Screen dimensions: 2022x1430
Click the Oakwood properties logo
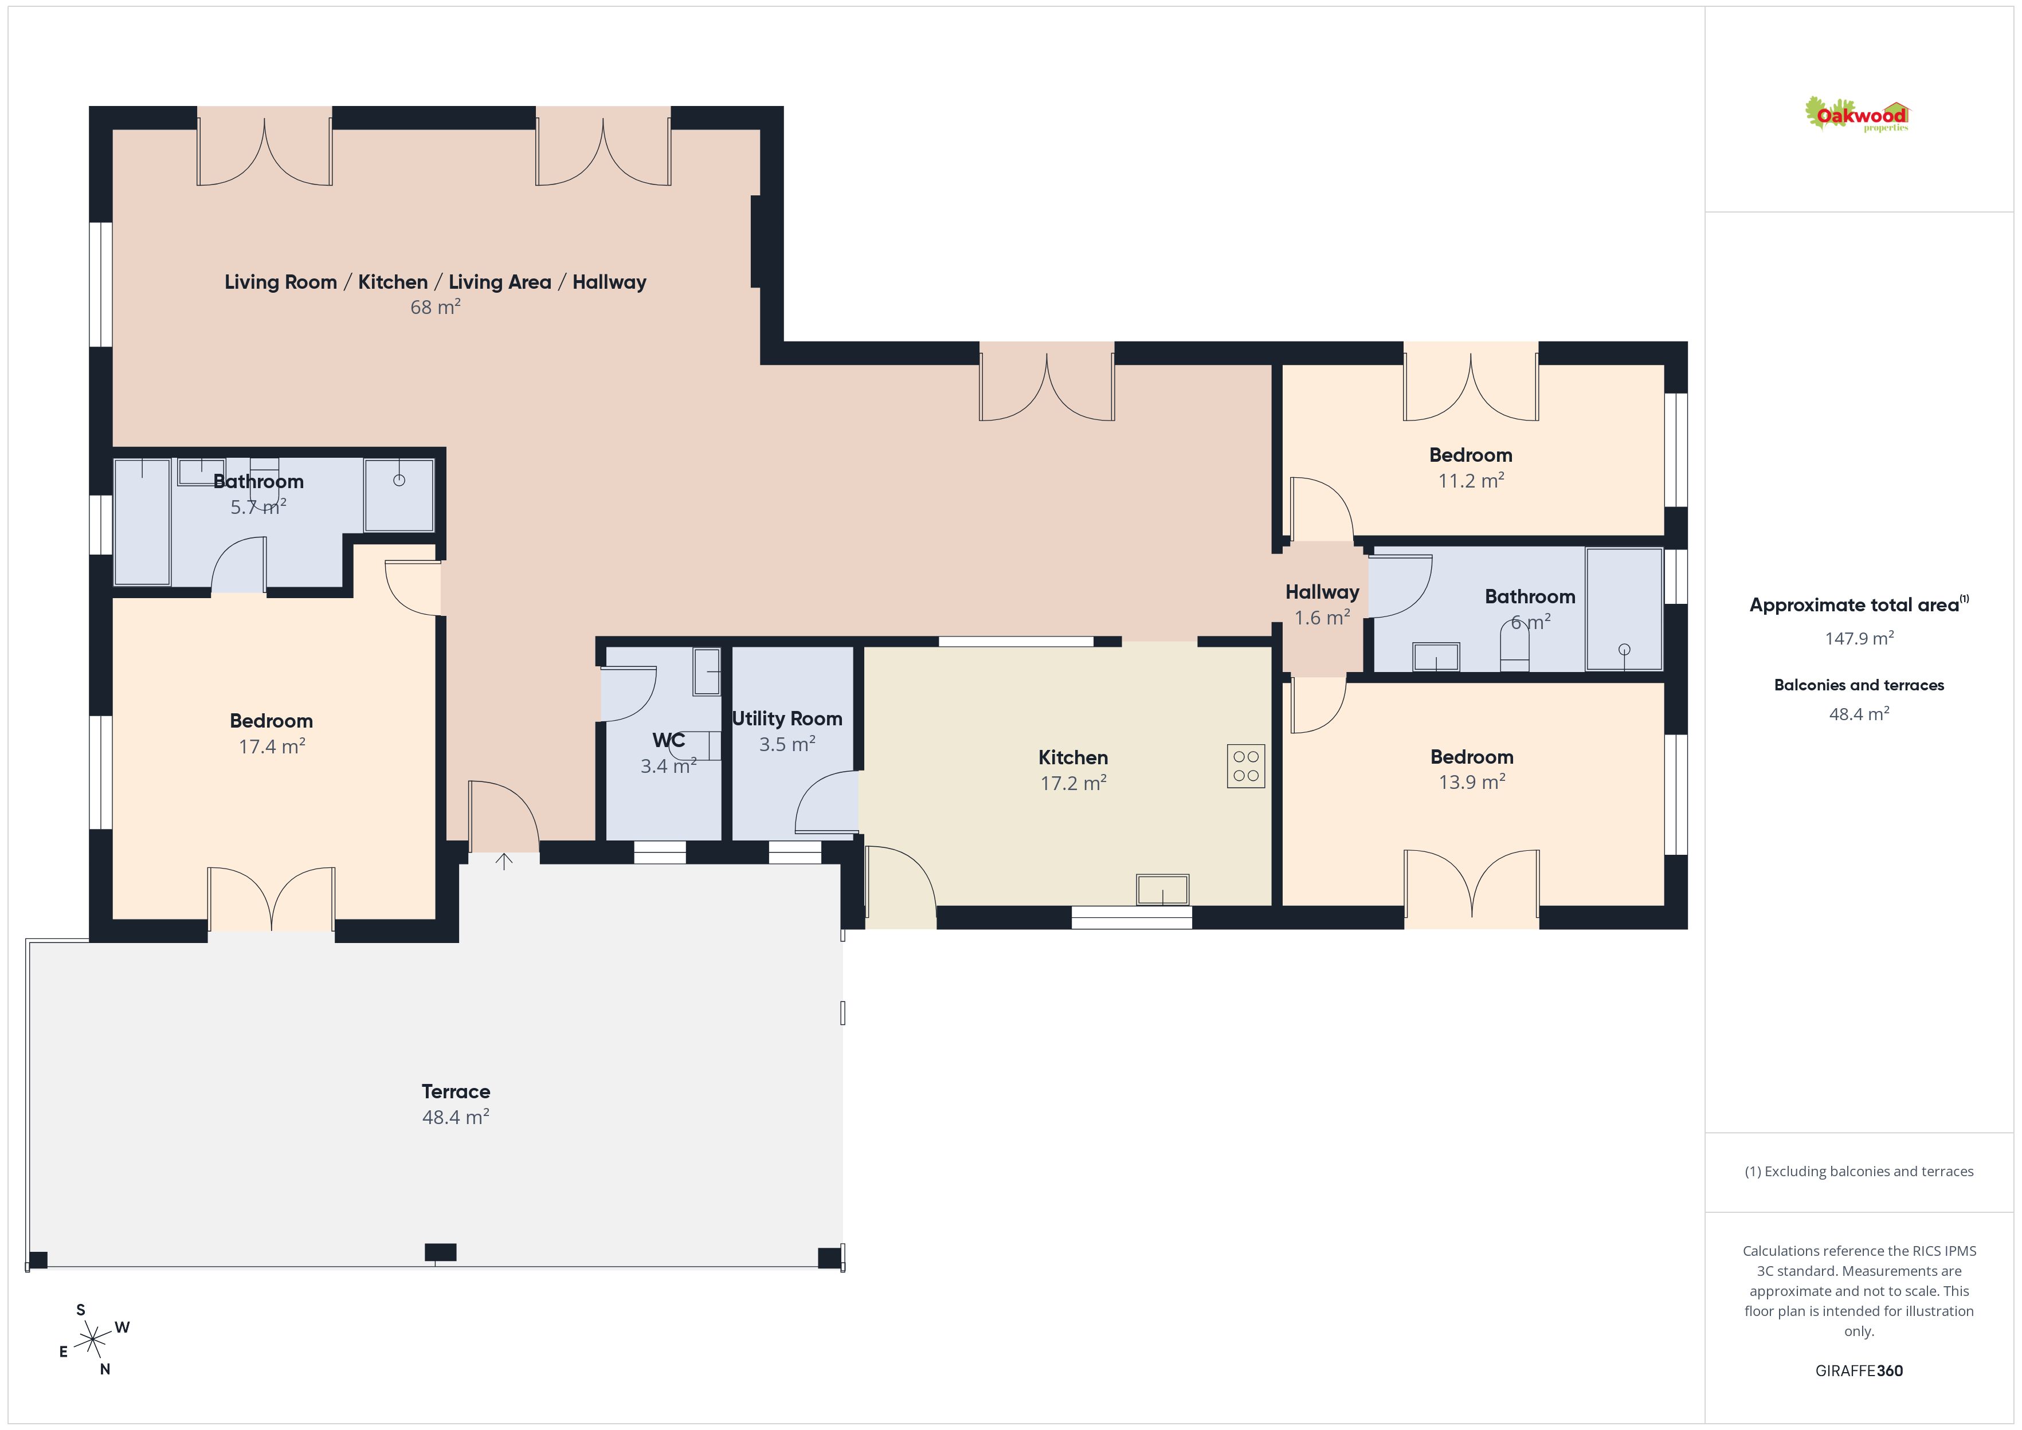pos(1856,115)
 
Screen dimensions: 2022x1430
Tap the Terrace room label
pos(455,1092)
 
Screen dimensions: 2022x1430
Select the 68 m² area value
pos(435,307)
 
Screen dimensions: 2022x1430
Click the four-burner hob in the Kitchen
pos(1245,766)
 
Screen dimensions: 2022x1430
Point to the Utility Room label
pos(786,718)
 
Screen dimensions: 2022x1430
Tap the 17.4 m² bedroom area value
pos(272,747)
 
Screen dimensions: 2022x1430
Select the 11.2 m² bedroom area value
pos(1471,481)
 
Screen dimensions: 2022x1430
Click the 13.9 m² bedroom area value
pos(1472,782)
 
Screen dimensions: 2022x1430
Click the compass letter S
pos(81,1309)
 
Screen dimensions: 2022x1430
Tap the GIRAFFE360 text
pos(1859,1371)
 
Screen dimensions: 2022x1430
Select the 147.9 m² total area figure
pos(1859,638)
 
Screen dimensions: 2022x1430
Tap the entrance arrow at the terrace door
pos(504,861)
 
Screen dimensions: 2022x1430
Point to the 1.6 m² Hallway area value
pos(1322,618)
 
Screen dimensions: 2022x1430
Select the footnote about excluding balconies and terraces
pos(1859,1171)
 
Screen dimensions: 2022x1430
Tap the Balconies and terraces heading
pos(1859,685)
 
